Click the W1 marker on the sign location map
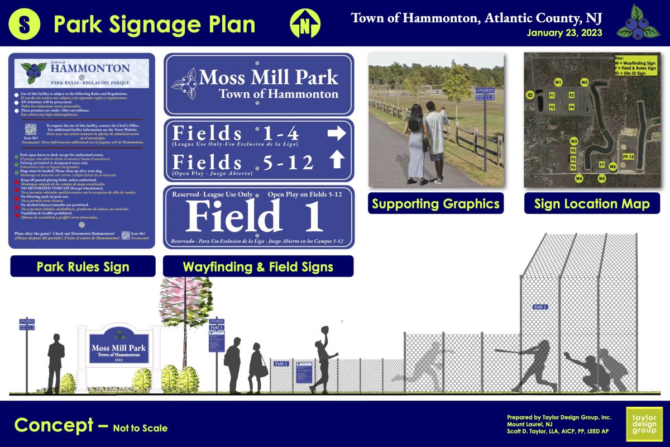(558, 82)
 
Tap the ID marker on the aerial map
(529, 96)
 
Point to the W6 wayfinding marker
(612, 166)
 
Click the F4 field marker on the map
(572, 106)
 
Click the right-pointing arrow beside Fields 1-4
(336, 134)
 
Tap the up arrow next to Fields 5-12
(336, 160)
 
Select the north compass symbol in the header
(305, 24)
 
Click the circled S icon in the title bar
(25, 24)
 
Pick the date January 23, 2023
(564, 33)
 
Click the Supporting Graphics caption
(435, 204)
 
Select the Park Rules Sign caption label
(83, 267)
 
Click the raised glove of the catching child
(324, 330)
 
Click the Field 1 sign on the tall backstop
(540, 307)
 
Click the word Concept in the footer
(55, 425)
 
